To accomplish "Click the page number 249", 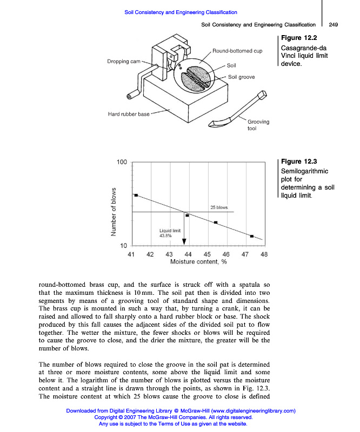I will click(333, 24).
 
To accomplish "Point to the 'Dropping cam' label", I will click(123, 62).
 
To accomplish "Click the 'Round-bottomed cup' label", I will click(237, 51).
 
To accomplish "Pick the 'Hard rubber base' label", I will click(128, 114).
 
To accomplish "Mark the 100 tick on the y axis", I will click(122, 163).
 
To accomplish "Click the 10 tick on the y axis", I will click(123, 245).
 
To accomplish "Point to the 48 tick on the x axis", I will click(264, 254).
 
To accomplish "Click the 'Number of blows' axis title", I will click(114, 211).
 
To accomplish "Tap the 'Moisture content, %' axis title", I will click(198, 262).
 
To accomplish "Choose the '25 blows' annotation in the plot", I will click(218, 207).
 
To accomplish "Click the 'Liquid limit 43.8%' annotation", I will click(165, 233).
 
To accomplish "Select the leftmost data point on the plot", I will click(136, 195).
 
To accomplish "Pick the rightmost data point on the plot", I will click(252, 236).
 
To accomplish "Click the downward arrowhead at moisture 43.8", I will click(184, 241).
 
